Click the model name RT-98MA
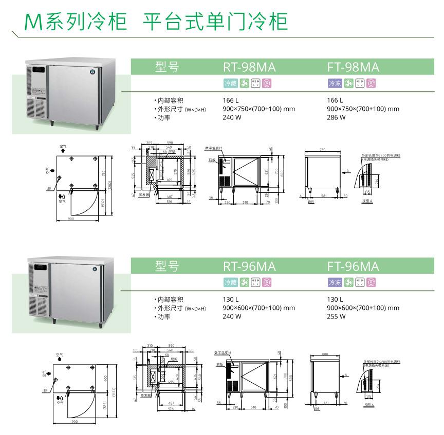point(249,68)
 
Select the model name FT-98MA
point(353,68)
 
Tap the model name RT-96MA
point(249,267)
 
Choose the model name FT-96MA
point(353,267)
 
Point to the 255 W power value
point(336,317)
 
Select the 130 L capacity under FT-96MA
point(335,300)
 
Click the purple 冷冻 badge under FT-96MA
point(335,282)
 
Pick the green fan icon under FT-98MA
point(349,83)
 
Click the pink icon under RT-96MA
point(267,282)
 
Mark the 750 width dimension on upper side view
point(323,150)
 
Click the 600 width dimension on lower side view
point(324,354)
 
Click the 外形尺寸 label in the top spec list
point(171,109)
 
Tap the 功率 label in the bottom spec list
point(164,317)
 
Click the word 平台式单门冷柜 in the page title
point(215,22)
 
